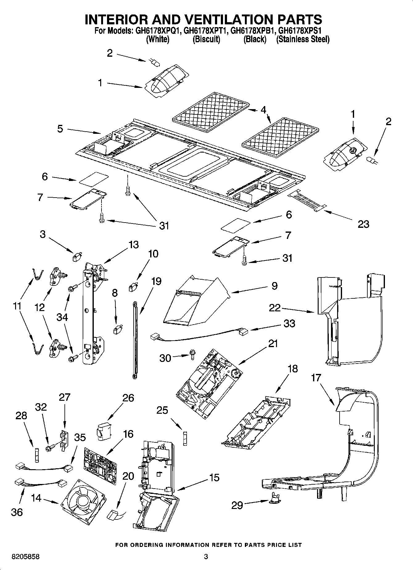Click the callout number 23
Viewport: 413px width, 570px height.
pos(363,224)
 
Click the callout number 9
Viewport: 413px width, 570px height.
pos(274,285)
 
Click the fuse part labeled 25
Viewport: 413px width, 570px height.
pos(185,438)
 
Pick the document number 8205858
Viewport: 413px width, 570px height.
pos(26,556)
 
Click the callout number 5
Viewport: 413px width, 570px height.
pos(60,129)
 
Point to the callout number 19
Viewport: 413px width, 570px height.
pos(156,281)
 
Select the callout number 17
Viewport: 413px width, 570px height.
pos(316,377)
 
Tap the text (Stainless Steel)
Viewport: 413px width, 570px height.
pos(303,39)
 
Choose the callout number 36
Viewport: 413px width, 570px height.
pos(17,512)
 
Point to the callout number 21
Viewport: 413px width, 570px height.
pos(273,343)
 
